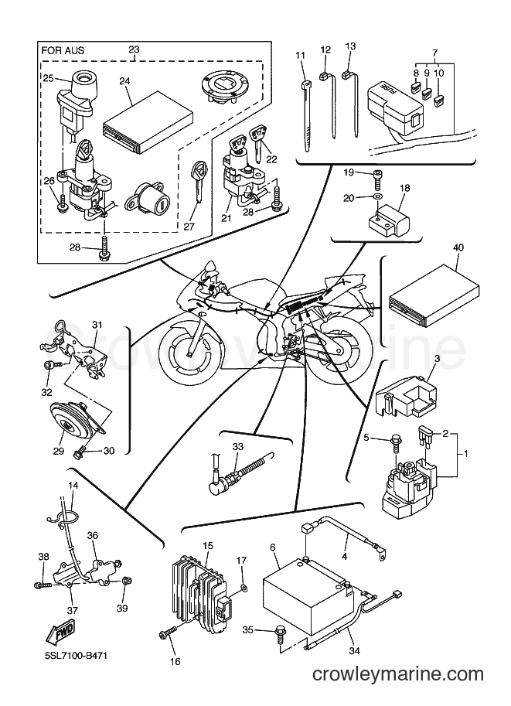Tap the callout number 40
click(459, 247)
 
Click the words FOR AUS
click(63, 50)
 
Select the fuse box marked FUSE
click(395, 108)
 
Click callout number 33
click(237, 446)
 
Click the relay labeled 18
click(389, 216)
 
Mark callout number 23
click(135, 49)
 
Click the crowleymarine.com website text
click(398, 674)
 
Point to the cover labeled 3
click(406, 395)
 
